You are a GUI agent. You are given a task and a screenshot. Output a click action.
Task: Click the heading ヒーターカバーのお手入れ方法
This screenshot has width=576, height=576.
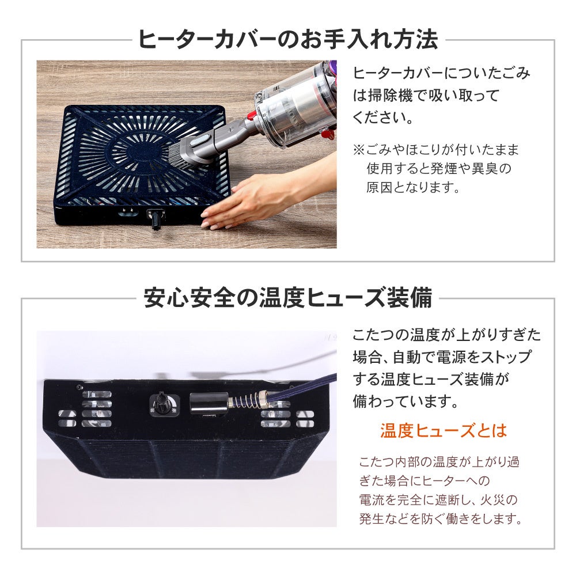(287, 39)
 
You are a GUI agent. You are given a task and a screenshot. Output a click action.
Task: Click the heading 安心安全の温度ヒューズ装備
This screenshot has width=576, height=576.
(287, 298)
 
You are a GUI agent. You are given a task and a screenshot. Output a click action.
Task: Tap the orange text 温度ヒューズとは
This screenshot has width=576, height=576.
(444, 430)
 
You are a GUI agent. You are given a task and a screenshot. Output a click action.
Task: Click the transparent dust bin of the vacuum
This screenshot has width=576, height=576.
(298, 110)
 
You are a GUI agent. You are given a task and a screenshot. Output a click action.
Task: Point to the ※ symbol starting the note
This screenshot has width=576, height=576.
(359, 150)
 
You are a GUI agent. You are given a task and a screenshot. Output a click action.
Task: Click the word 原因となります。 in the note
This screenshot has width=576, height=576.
(413, 187)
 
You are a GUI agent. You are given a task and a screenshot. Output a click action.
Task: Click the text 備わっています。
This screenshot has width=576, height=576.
(406, 401)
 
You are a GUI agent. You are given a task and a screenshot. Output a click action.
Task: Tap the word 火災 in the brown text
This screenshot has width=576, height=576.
(493, 499)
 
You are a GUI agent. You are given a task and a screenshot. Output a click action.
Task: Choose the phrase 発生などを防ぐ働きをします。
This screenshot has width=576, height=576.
(441, 519)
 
